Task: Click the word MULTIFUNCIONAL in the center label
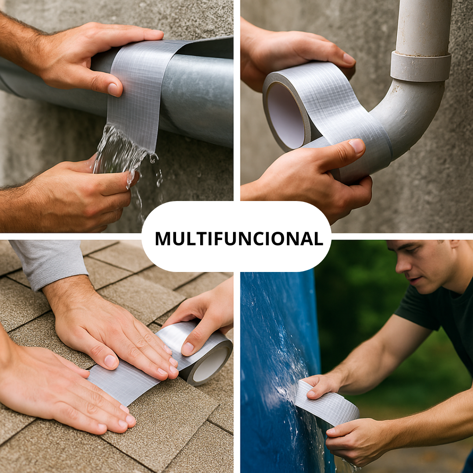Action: click(x=239, y=239)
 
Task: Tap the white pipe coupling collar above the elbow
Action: click(x=420, y=67)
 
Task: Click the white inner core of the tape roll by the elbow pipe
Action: click(x=285, y=116)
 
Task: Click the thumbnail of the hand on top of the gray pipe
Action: click(x=113, y=89)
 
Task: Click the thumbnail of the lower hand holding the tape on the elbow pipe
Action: click(x=357, y=146)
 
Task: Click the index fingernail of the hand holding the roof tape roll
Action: click(x=188, y=349)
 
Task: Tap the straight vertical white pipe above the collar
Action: click(x=424, y=27)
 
